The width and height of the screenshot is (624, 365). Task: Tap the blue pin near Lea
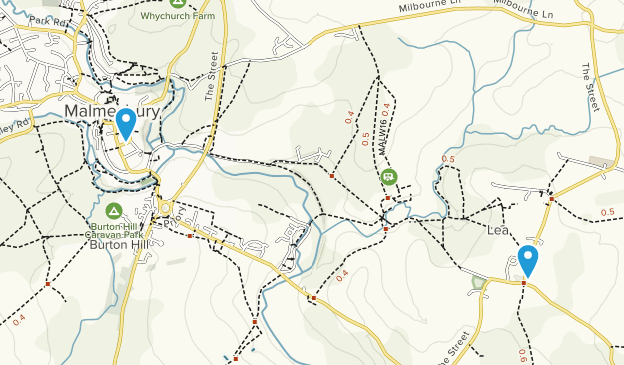click(x=528, y=260)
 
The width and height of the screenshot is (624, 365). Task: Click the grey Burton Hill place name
click(x=116, y=243)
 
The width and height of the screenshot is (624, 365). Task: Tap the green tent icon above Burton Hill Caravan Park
click(x=115, y=211)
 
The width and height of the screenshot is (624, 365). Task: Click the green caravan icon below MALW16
click(x=388, y=177)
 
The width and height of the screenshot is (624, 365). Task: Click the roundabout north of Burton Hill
click(x=165, y=207)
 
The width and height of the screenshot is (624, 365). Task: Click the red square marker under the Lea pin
click(x=524, y=283)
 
